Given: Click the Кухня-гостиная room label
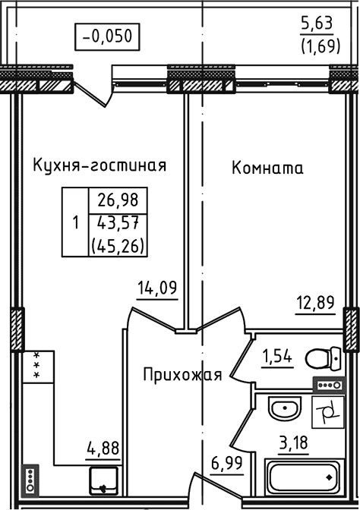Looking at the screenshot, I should (x=99, y=165).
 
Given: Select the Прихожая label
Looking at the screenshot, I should (x=182, y=374).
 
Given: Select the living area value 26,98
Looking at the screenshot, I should (x=118, y=202).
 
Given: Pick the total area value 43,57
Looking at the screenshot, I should (x=118, y=224).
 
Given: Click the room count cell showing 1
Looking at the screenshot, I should (x=74, y=224).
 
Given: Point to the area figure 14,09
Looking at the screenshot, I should (x=156, y=287).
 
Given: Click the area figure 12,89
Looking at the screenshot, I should (x=314, y=304).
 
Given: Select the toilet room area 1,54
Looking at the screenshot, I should (x=277, y=355).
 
